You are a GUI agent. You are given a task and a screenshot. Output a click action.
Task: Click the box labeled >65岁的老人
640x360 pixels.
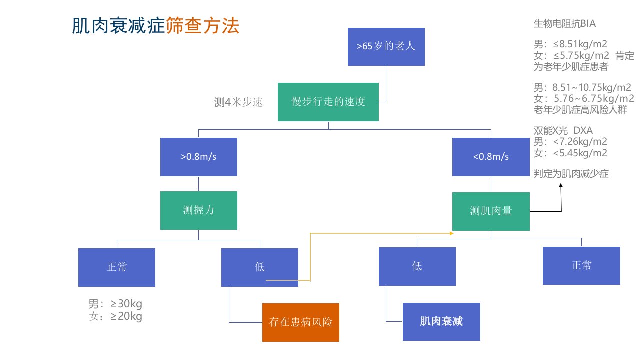(386, 47)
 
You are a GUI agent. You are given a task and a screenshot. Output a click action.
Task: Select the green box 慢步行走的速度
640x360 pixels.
(328, 102)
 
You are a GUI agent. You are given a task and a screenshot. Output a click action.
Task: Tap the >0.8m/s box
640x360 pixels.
(199, 157)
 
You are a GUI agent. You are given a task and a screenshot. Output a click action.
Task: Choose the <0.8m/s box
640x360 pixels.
(491, 157)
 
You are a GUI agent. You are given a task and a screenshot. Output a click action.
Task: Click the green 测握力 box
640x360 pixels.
(199, 210)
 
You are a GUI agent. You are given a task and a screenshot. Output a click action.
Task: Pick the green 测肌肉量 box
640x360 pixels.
(491, 211)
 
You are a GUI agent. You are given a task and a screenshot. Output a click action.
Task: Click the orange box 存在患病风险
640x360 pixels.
(301, 322)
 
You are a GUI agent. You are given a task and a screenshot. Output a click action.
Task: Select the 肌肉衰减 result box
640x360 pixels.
(441, 322)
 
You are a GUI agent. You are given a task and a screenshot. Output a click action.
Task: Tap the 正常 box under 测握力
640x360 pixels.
(117, 267)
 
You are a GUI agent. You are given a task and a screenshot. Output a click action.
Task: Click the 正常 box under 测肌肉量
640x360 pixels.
(581, 266)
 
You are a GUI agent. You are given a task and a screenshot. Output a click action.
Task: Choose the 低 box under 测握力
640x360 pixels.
(260, 267)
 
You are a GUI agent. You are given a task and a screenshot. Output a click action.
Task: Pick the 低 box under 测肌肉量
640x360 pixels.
(417, 266)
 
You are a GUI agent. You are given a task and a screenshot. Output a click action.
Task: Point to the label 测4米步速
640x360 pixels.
(238, 102)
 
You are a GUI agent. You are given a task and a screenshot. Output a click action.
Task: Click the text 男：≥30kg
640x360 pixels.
(115, 303)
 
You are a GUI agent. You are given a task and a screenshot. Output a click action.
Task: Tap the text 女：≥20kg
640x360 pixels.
(115, 316)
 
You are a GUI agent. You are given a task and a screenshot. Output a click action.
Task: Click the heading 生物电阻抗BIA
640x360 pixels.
(565, 23)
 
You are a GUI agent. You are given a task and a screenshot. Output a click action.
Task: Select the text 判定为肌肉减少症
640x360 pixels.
(571, 173)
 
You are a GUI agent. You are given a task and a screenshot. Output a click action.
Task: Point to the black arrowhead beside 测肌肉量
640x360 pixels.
(561, 185)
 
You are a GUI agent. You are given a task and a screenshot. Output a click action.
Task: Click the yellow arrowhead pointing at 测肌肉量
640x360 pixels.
(451, 233)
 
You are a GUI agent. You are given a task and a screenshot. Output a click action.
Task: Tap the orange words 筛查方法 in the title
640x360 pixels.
(202, 25)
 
